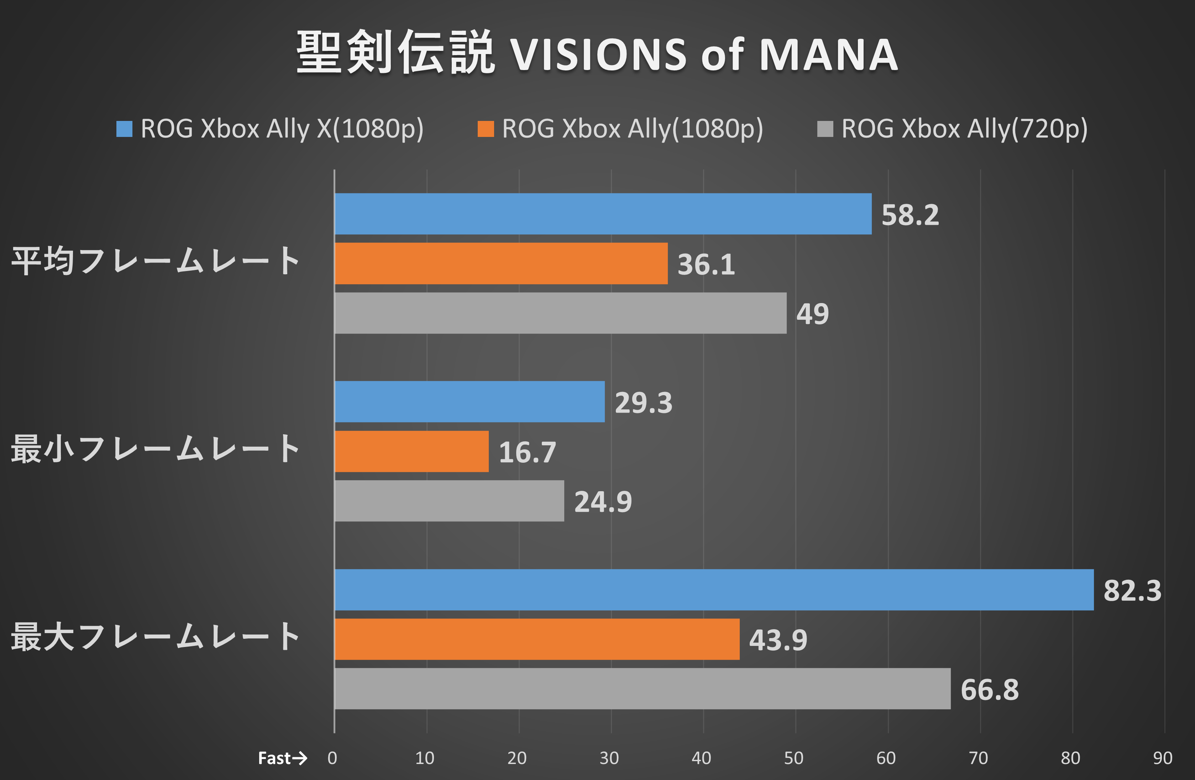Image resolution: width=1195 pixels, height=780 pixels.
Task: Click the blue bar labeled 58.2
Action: (x=603, y=214)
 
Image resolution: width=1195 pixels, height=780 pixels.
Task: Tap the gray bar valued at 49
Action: (x=560, y=313)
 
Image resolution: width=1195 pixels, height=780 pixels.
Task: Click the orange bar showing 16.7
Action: (x=411, y=451)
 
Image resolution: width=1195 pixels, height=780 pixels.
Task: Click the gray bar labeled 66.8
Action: (x=642, y=689)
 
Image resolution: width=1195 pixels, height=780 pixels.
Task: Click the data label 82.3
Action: (x=1132, y=591)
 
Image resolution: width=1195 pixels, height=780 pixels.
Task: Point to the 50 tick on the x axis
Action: (x=793, y=758)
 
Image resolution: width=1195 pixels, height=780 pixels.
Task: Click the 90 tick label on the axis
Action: (x=1162, y=758)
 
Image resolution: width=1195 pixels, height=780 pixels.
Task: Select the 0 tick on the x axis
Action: (x=332, y=758)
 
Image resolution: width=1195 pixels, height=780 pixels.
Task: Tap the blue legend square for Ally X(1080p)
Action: (x=124, y=129)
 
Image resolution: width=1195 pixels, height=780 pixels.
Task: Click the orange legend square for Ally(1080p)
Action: (x=486, y=129)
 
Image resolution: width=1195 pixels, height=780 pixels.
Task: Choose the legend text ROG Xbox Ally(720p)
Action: (x=964, y=129)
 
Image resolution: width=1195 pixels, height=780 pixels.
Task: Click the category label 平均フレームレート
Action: (x=156, y=261)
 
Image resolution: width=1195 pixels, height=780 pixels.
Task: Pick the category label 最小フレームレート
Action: (x=156, y=449)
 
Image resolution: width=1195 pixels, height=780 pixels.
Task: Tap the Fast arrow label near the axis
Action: (x=282, y=758)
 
